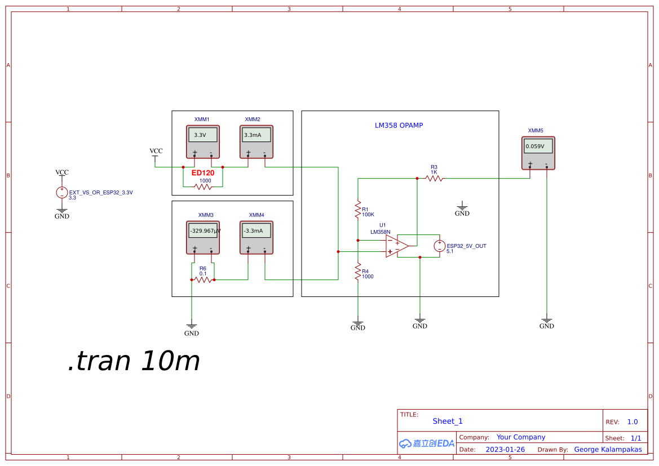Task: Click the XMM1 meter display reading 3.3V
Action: coord(202,135)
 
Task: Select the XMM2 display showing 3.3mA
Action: coord(256,135)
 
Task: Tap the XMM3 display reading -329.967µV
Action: coord(202,230)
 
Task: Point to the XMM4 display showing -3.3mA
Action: coord(256,230)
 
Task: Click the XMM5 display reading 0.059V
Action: coord(538,146)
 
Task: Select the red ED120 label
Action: coord(203,173)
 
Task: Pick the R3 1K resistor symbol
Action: coord(434,178)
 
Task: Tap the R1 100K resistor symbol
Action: coord(357,210)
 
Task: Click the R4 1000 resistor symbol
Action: coord(357,272)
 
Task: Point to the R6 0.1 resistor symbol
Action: coord(203,279)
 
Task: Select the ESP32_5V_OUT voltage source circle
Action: coord(440,246)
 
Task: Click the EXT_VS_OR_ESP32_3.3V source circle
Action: coord(62,192)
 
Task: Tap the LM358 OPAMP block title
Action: coord(399,126)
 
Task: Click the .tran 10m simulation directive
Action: coord(134,361)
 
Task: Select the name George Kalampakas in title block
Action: coord(608,450)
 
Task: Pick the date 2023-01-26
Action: coord(505,450)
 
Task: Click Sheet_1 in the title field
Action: coord(448,421)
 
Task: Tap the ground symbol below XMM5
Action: coord(546,321)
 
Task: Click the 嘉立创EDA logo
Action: coord(427,443)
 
